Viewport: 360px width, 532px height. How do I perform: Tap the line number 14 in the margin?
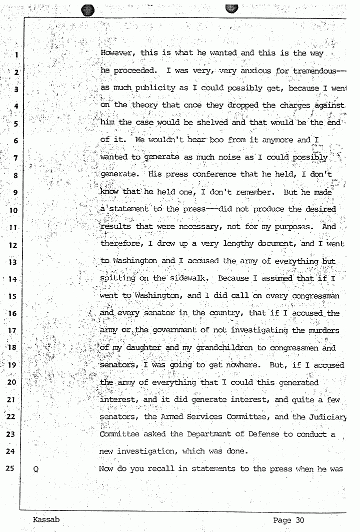pos(13,279)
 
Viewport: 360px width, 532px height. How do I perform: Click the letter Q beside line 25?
pos(35,469)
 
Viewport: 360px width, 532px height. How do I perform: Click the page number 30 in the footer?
pos(299,520)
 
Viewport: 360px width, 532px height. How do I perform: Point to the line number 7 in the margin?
pos(15,158)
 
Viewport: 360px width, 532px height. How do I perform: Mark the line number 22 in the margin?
pos(13,417)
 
